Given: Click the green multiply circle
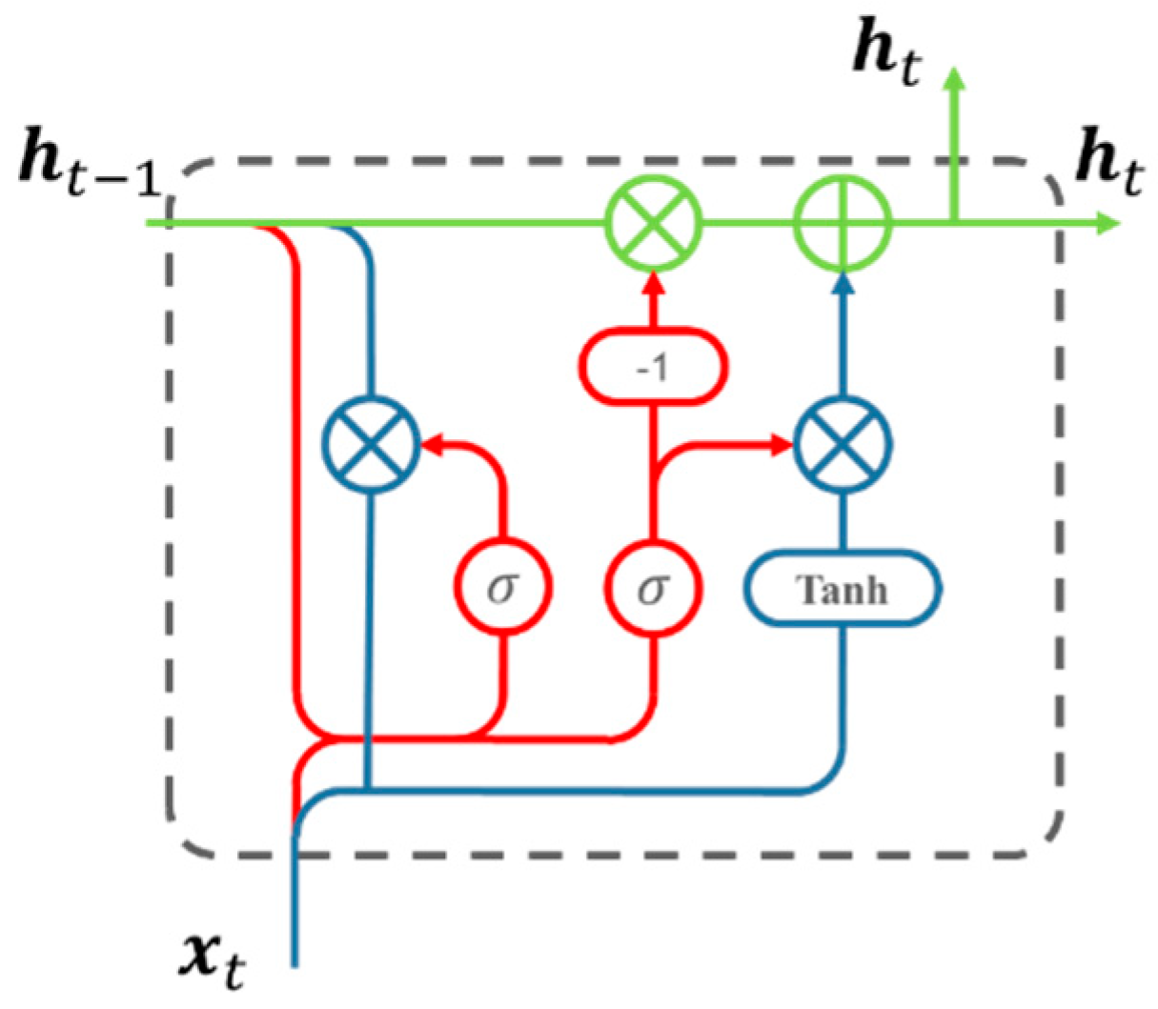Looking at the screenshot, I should click(654, 224).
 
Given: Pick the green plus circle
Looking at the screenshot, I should click(843, 224).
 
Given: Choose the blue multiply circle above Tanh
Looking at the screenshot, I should click(843, 444).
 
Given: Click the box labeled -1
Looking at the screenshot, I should click(654, 366).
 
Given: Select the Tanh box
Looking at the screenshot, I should click(843, 591).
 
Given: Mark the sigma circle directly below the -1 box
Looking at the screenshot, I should click(654, 589).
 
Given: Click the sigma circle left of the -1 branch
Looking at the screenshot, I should click(502, 589).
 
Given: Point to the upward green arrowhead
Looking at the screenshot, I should click(954, 76).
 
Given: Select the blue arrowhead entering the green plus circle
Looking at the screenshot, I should click(843, 282).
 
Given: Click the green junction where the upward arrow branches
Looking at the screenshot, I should click(954, 224).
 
